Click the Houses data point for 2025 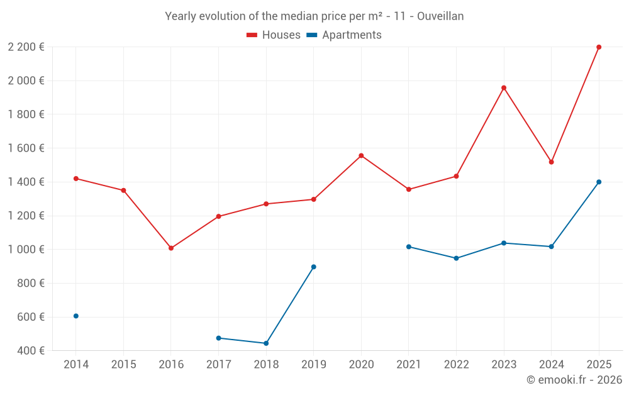(x=599, y=47)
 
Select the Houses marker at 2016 (x=171, y=248)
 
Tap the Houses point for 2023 (x=504, y=88)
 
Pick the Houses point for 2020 (x=361, y=155)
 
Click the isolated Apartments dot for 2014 (x=76, y=316)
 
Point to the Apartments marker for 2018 (x=266, y=343)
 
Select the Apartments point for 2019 (x=314, y=267)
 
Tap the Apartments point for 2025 (x=599, y=182)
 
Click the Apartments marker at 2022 (x=456, y=258)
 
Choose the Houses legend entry (x=274, y=35)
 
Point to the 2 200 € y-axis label (x=26, y=47)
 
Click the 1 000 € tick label (x=26, y=250)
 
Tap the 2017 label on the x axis (x=218, y=365)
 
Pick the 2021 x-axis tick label (x=408, y=365)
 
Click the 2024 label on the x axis (x=551, y=365)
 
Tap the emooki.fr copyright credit (x=574, y=380)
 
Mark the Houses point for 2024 (x=551, y=162)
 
